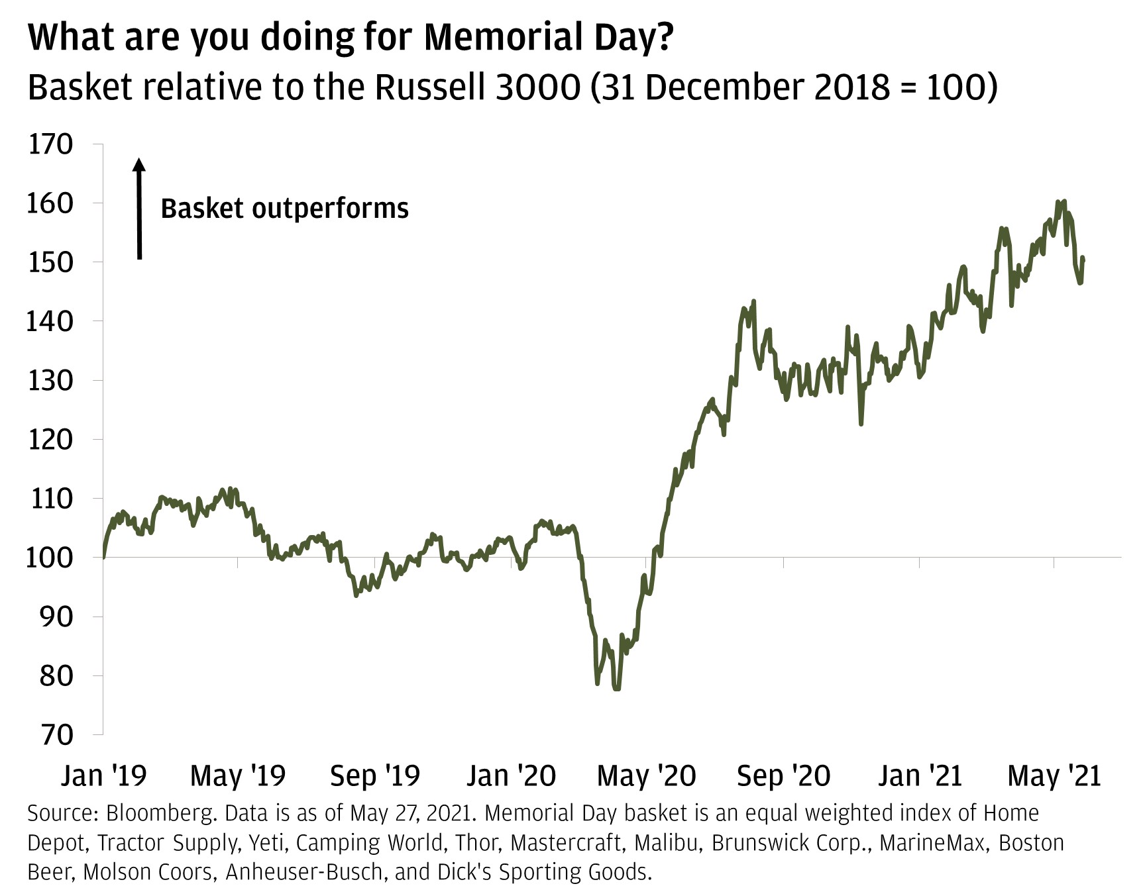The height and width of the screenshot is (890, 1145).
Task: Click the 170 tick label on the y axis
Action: (x=50, y=144)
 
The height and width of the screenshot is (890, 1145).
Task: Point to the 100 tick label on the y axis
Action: (x=49, y=558)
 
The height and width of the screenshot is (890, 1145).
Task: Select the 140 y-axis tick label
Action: (x=49, y=321)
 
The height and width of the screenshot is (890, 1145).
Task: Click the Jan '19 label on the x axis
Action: (x=103, y=775)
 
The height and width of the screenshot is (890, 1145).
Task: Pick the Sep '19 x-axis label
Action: (x=375, y=775)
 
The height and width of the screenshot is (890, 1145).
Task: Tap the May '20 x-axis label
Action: (x=646, y=775)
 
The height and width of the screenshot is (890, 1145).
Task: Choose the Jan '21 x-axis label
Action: (x=920, y=775)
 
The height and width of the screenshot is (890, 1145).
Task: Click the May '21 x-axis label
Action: (x=1054, y=775)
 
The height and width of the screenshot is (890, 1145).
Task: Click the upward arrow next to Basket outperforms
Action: (x=139, y=208)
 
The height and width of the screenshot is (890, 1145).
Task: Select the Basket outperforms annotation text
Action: (x=284, y=209)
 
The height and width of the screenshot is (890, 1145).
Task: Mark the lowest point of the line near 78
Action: (x=617, y=689)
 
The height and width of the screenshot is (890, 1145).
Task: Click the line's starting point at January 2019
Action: (x=104, y=557)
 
